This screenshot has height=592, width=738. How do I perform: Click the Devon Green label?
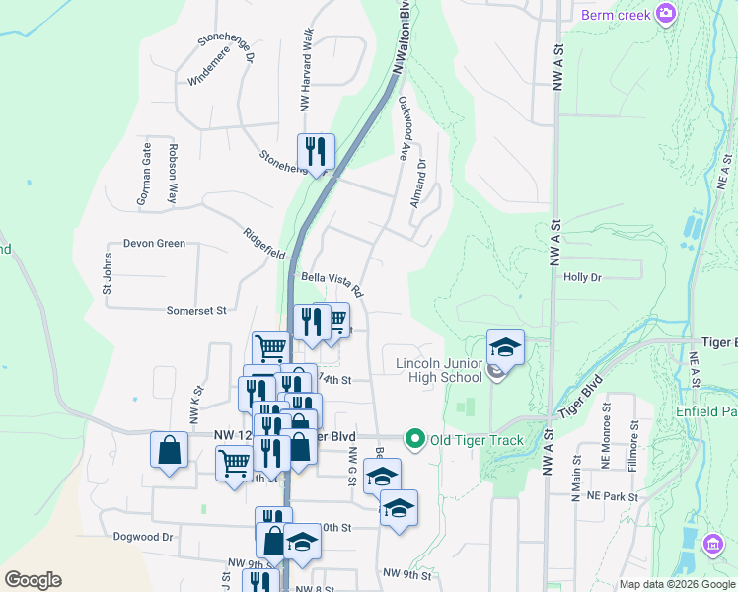pos(154,243)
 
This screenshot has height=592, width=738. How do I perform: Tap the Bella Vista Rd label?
pos(332,285)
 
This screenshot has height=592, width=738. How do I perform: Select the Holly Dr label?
pos(582,277)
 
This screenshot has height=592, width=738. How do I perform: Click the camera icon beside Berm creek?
pos(667,14)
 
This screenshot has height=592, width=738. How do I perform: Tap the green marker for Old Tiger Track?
pos(415,439)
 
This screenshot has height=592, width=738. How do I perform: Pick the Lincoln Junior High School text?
pos(439,370)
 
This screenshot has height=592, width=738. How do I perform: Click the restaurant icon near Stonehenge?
pos(316,151)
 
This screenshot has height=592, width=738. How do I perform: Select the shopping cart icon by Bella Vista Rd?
pos(336,319)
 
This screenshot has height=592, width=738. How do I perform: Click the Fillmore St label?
pos(634,439)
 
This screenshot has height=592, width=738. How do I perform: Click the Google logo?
pos(33,580)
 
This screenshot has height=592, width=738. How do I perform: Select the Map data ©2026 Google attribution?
pos(676,584)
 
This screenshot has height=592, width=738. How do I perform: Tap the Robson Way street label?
pos(173,175)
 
